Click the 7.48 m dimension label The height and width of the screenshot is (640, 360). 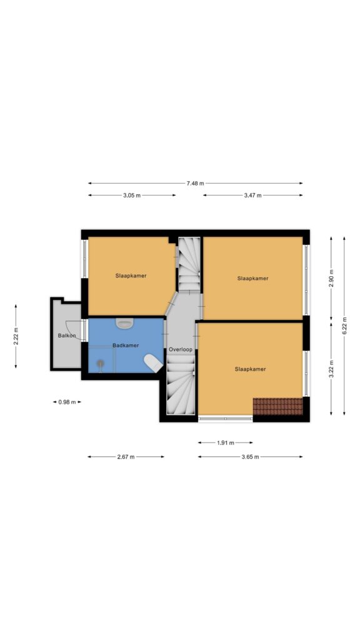point(195,183)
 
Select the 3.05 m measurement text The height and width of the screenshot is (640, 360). point(132,195)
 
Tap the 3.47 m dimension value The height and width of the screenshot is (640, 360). point(252,195)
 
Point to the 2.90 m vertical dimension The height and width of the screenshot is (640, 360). point(331,278)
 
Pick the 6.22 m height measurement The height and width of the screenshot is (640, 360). point(344,326)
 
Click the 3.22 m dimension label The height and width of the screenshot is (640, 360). point(331,369)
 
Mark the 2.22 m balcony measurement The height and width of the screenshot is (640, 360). point(16,336)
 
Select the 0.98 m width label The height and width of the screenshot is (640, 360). point(67,402)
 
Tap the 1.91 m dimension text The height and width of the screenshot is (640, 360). point(225,442)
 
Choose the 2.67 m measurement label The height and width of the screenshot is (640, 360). point(126,457)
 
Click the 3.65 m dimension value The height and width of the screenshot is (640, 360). point(250,457)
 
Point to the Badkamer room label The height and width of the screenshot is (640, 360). point(126,345)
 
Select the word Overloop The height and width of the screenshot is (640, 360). point(181,349)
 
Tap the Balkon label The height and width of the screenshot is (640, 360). point(67,336)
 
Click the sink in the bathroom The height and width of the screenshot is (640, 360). point(124,323)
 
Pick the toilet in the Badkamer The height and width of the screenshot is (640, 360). point(154,363)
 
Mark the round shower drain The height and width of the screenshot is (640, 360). point(100,362)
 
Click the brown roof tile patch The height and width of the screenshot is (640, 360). point(278,406)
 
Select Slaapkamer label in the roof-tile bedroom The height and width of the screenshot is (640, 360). point(250,369)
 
